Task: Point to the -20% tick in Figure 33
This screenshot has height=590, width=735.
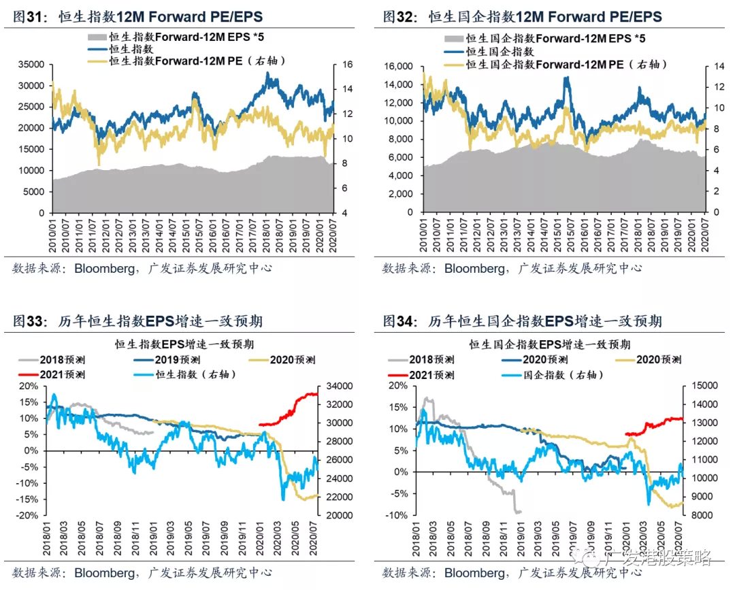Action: (29, 515)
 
